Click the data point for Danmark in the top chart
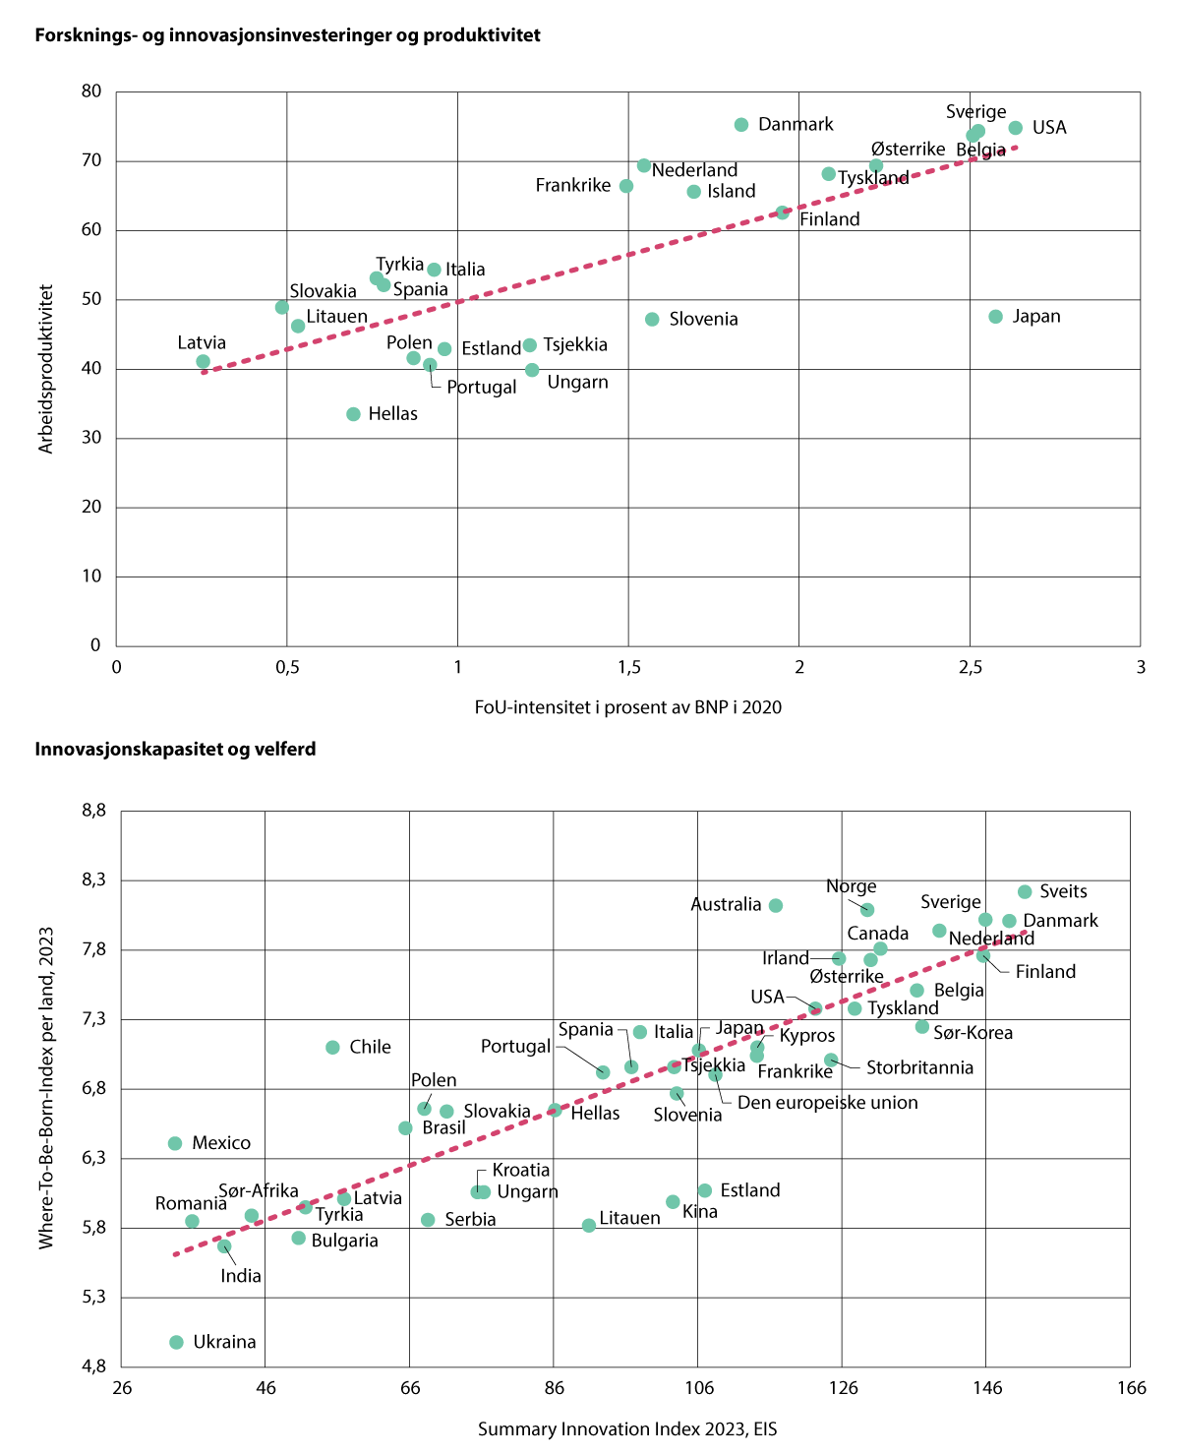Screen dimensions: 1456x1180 [741, 125]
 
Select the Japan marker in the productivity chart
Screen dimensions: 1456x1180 [995, 317]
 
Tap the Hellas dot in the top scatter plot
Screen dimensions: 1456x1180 [354, 414]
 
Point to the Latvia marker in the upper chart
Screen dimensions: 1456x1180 [204, 362]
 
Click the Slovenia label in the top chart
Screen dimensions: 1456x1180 [703, 320]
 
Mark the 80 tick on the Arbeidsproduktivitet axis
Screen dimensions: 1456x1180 [91, 91]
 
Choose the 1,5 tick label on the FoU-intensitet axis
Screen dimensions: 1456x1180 [628, 668]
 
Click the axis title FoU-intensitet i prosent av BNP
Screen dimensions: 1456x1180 [627, 707]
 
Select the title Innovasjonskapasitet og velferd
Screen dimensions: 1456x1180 [175, 750]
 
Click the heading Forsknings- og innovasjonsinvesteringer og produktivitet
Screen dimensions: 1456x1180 [287, 35]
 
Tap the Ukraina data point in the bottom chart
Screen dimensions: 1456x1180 [177, 1342]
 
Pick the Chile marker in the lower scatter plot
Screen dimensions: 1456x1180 [332, 1048]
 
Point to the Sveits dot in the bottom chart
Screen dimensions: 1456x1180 [1025, 891]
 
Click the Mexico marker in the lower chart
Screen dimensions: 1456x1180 [175, 1143]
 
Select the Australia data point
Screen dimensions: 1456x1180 [776, 905]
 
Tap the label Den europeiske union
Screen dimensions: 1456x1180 [827, 1103]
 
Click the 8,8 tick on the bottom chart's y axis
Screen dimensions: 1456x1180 [94, 811]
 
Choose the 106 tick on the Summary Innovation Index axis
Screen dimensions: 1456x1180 [698, 1388]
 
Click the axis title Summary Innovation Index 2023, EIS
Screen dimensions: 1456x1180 [627, 1429]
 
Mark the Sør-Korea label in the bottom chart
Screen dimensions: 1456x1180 [973, 1033]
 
